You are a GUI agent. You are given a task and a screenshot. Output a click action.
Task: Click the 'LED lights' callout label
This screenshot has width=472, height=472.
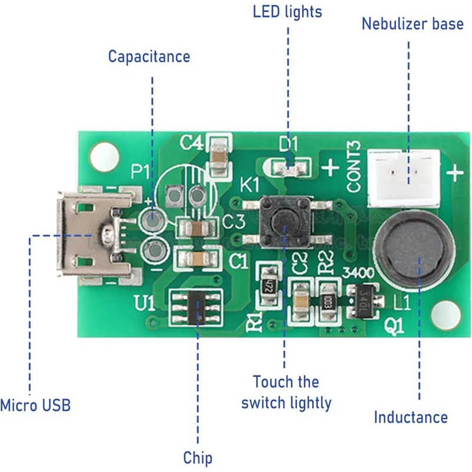click(x=287, y=11)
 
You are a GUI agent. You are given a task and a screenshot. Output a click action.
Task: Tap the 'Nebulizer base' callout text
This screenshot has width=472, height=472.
click(x=412, y=24)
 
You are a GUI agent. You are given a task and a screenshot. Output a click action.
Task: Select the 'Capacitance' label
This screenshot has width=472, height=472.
click(x=149, y=57)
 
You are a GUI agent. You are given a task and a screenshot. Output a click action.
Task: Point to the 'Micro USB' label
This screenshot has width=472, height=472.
click(x=35, y=405)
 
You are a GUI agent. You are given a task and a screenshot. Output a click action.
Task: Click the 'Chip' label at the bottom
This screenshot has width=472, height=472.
click(x=197, y=457)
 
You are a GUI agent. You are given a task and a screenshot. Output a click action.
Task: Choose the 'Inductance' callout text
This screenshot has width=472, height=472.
click(x=411, y=417)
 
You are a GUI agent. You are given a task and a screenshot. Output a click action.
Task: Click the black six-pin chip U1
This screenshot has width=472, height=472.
click(x=196, y=308)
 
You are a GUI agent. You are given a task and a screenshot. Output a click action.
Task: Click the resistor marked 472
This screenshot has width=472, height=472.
click(x=265, y=285)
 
